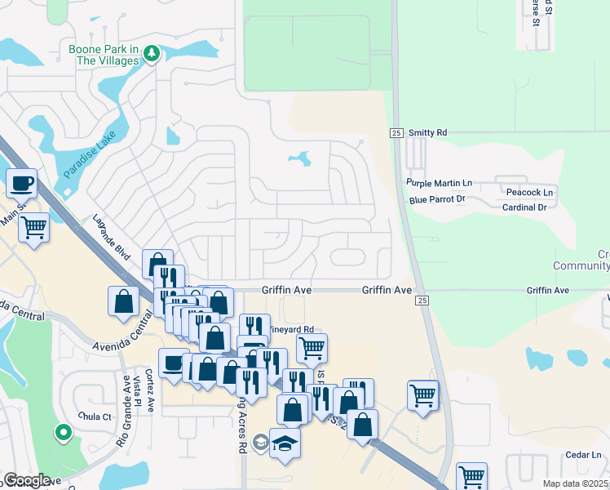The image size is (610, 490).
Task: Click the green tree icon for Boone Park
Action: click(151, 54)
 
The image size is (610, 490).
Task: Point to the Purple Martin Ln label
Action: click(440, 183)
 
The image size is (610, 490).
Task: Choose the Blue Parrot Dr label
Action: click(437, 198)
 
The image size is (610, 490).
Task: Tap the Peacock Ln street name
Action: click(529, 193)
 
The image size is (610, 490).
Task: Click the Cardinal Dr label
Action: click(524, 207)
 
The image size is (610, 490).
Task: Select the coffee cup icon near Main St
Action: click(22, 183)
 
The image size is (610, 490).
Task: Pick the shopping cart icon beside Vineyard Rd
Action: click(312, 348)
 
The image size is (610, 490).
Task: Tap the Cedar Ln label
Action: click(586, 455)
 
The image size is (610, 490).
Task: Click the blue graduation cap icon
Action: click(285, 442)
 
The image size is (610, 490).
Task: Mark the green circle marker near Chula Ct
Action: click(62, 432)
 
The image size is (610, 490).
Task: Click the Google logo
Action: click(27, 479)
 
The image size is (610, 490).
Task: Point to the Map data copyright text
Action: click(576, 483)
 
